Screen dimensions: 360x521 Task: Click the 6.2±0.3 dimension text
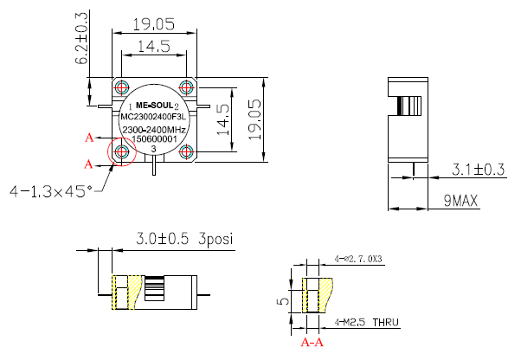[82, 39]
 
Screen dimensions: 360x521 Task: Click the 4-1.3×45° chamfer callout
[49, 190]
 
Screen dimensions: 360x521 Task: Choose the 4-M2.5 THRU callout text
[366, 322]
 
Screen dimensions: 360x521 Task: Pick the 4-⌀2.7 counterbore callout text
[358, 259]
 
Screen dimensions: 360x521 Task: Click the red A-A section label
[312, 342]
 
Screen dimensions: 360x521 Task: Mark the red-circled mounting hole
[122, 153]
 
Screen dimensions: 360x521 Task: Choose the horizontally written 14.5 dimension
[152, 47]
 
